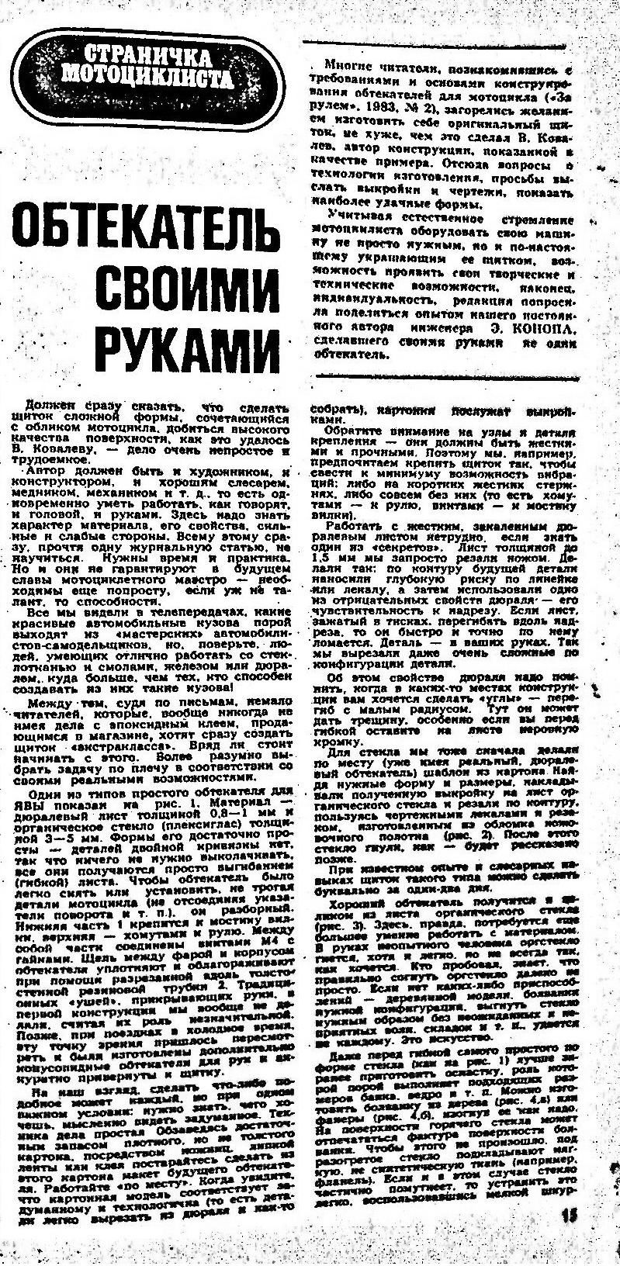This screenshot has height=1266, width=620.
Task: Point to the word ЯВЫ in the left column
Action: [x=38, y=802]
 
